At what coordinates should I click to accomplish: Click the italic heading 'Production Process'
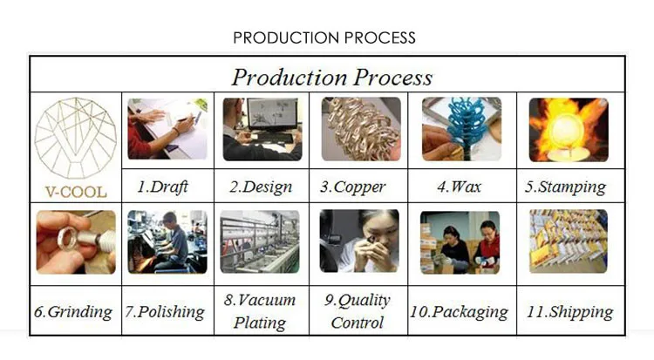pyautogui.click(x=331, y=77)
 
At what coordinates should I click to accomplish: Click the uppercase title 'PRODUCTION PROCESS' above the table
pyautogui.click(x=324, y=38)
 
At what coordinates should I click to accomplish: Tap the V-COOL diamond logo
pyautogui.click(x=76, y=139)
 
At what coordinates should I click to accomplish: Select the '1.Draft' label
pyautogui.click(x=162, y=187)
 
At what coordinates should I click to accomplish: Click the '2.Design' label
pyautogui.click(x=261, y=187)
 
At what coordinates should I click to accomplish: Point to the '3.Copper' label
pyautogui.click(x=358, y=187)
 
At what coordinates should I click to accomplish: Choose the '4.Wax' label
pyautogui.click(x=459, y=187)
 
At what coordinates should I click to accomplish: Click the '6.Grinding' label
pyautogui.click(x=74, y=311)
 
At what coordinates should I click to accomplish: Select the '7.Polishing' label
pyautogui.click(x=166, y=311)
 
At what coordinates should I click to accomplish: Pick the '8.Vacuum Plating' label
pyautogui.click(x=260, y=311)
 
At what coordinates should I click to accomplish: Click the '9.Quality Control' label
pyautogui.click(x=358, y=311)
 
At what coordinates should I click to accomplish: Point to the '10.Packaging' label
pyautogui.click(x=460, y=311)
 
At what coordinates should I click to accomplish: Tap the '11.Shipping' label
pyautogui.click(x=570, y=311)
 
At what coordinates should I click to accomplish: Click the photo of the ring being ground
pyautogui.click(x=75, y=242)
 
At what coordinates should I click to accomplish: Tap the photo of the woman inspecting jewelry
pyautogui.click(x=358, y=241)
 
